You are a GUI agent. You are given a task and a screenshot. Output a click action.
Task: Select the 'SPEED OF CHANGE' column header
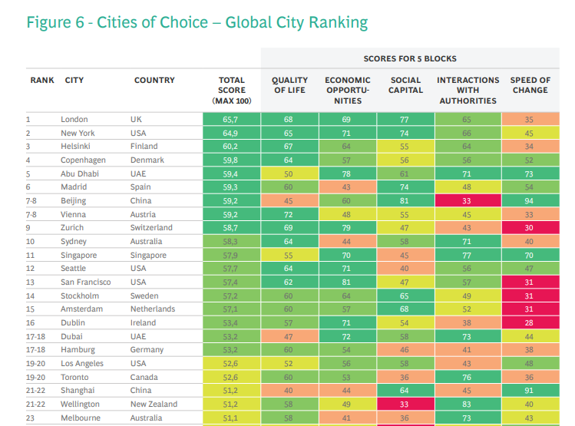click(x=530, y=85)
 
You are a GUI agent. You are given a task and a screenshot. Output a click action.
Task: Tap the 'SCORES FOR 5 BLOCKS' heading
click(x=410, y=58)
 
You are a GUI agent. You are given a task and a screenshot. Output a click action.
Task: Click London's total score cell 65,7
click(x=231, y=120)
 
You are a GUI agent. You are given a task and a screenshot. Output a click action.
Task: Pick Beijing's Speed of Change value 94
click(x=530, y=201)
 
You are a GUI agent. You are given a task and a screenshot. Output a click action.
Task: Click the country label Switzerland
click(x=151, y=228)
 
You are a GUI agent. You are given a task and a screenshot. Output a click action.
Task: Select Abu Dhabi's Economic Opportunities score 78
click(x=347, y=174)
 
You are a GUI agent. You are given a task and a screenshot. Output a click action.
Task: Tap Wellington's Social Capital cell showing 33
click(x=405, y=405)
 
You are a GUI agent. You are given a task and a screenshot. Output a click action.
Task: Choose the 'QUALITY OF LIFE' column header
click(x=289, y=85)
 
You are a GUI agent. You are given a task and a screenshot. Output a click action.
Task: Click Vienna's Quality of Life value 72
click(x=289, y=215)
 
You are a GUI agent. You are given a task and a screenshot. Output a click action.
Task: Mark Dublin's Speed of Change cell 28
click(x=530, y=323)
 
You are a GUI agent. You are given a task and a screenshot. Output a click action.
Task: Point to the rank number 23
click(x=31, y=418)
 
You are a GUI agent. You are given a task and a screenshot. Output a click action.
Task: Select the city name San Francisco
click(x=86, y=282)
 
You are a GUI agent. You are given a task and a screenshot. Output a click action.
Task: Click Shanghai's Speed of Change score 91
click(x=530, y=391)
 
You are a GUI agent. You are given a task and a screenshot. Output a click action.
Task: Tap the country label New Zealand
click(x=154, y=405)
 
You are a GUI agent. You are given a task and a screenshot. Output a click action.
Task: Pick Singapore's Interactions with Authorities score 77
click(x=467, y=256)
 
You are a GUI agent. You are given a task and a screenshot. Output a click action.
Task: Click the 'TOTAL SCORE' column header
click(x=231, y=91)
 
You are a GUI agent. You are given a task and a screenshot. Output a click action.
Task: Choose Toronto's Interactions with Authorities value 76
click(x=467, y=378)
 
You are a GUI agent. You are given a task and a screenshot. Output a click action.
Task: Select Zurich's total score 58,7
click(x=231, y=228)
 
